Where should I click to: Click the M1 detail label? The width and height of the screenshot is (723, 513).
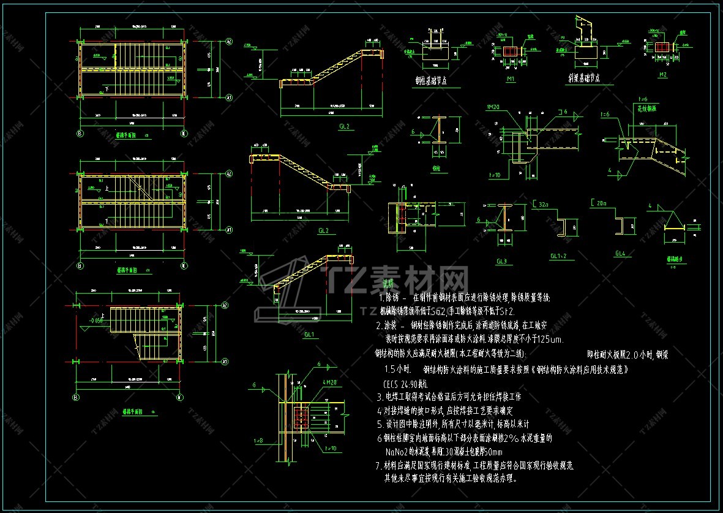[510, 80]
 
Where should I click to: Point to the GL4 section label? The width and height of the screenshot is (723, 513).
[620, 253]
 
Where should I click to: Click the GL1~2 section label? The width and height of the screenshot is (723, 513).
[558, 256]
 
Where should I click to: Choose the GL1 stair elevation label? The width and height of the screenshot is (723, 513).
[309, 335]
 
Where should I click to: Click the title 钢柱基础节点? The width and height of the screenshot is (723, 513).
[429, 80]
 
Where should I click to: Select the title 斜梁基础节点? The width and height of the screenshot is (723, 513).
[583, 79]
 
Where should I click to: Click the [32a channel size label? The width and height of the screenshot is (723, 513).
[541, 203]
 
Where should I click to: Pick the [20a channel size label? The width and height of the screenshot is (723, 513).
[599, 203]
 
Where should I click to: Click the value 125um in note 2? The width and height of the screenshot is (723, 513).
[550, 339]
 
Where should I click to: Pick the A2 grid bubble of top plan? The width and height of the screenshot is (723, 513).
[229, 42]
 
